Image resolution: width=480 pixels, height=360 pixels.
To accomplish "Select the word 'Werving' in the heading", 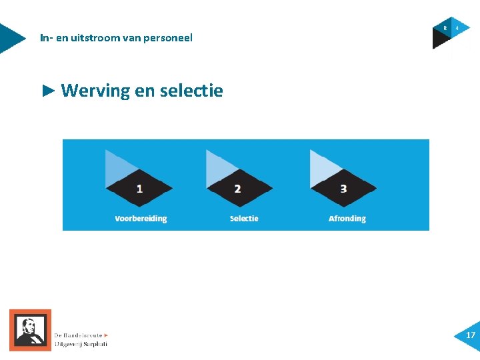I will tap(95, 90).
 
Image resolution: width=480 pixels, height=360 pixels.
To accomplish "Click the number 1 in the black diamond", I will tap(139, 189).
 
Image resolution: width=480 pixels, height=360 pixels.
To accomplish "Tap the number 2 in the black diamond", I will tap(238, 189).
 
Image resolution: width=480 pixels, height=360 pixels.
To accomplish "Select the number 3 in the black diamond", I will tap(343, 189).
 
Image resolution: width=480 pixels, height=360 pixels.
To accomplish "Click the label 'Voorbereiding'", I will tap(141, 219).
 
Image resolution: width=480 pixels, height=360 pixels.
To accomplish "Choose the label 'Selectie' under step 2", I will tap(244, 219).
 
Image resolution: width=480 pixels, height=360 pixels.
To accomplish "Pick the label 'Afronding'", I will tap(347, 219).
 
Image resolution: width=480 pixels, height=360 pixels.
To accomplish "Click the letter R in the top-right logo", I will tap(445, 28).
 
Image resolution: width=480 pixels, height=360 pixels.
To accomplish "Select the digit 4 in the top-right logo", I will tap(457, 28).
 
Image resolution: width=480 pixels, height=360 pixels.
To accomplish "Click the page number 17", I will tap(471, 335).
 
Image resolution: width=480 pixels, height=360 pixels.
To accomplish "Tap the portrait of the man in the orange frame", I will tap(30, 329).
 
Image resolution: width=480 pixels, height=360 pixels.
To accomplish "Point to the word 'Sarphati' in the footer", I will tap(93, 344).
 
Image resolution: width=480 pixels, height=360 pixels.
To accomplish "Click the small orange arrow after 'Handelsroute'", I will tap(106, 335).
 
